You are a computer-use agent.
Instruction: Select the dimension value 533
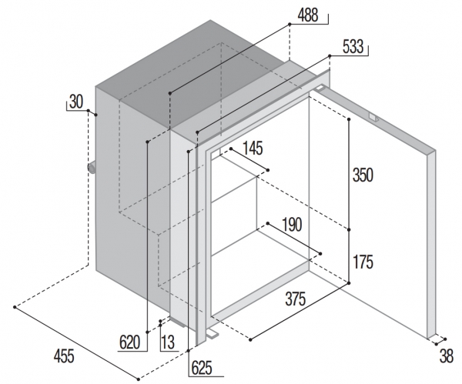point(352,48)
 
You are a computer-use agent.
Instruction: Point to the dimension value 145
point(255,147)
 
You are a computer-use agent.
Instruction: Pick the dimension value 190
point(292,225)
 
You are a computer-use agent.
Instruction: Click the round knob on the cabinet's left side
point(92,169)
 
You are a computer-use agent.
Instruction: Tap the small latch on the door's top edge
point(373,118)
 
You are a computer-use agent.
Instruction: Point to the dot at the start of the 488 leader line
point(169,95)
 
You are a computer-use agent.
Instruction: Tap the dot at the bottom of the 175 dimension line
point(350,283)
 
